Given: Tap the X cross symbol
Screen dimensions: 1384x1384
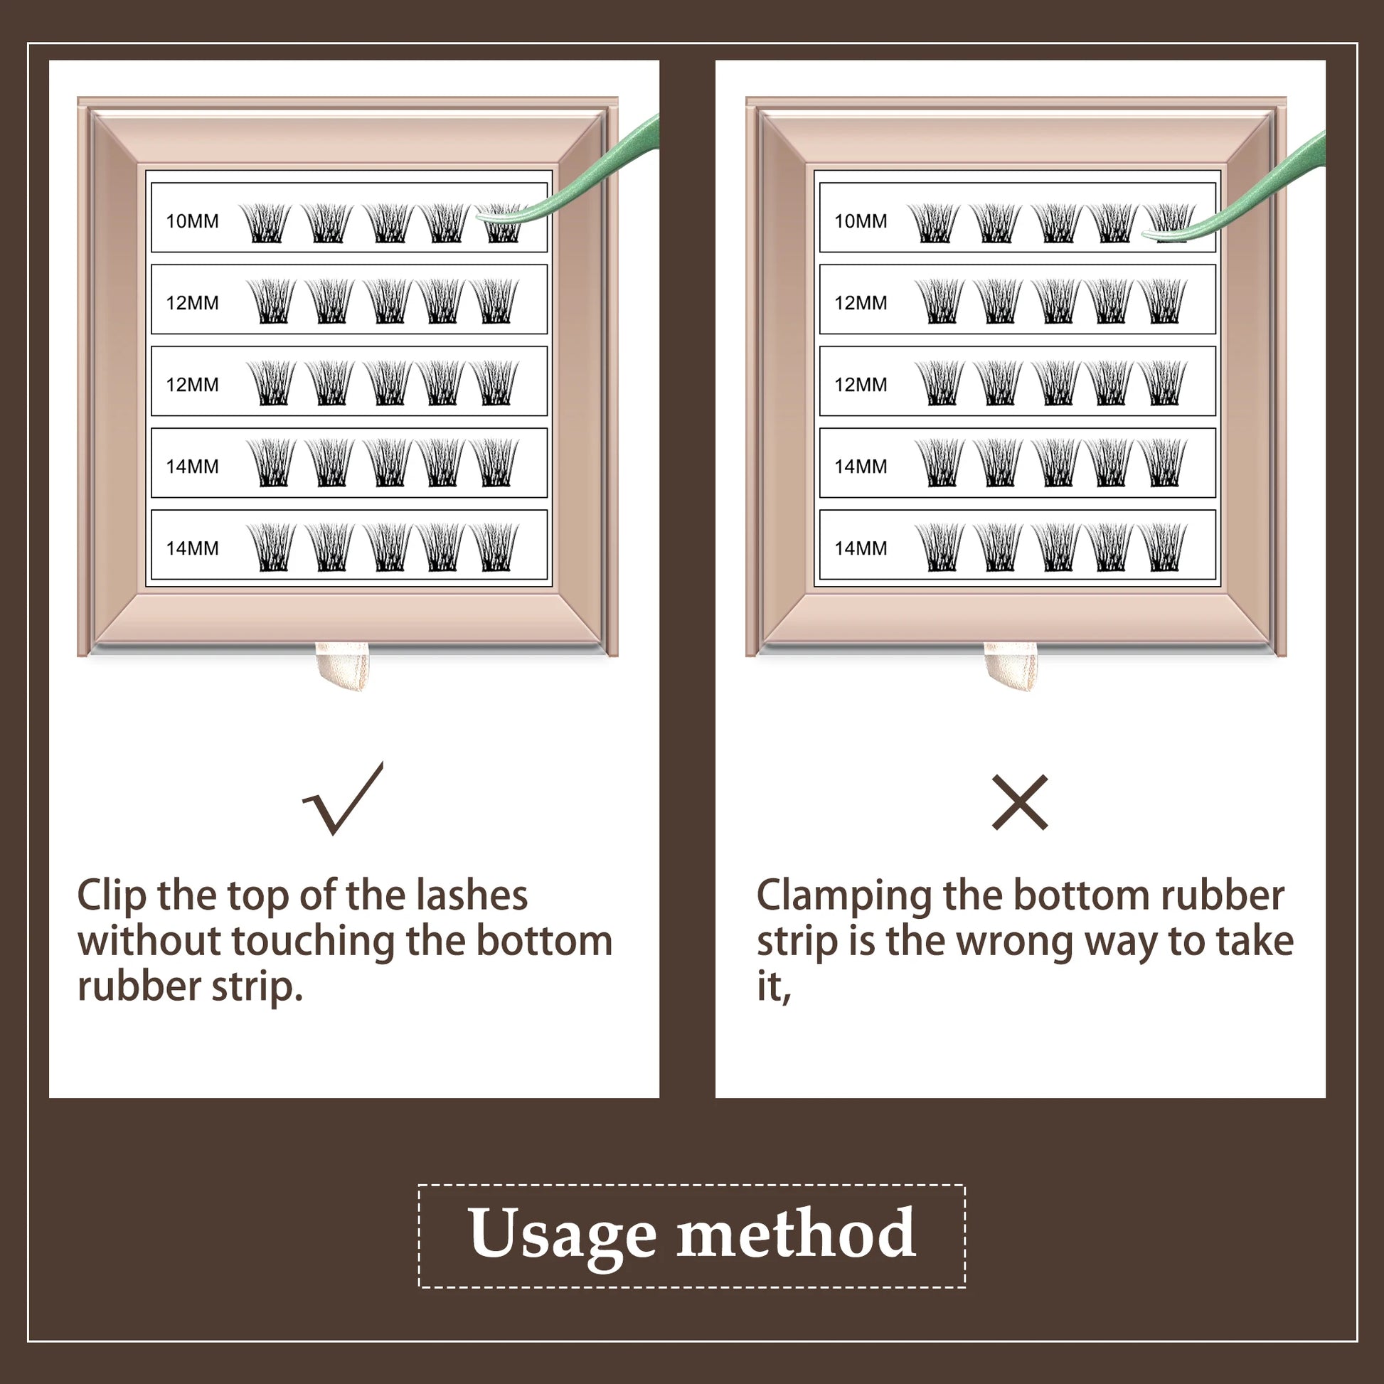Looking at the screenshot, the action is pyautogui.click(x=1020, y=802).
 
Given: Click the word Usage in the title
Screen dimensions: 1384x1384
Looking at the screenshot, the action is pyautogui.click(x=562, y=1236).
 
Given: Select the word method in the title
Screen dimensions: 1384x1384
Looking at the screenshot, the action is pyautogui.click(x=796, y=1232).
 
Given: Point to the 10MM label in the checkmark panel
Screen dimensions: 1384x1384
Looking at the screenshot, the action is pyautogui.click(x=192, y=220).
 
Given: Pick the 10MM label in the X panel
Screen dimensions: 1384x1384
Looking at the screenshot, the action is pyautogui.click(x=861, y=220).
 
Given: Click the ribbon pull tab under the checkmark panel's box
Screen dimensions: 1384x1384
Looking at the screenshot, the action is pyautogui.click(x=343, y=666).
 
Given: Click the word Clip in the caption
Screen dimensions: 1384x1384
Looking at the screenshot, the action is pyautogui.click(x=112, y=897).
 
